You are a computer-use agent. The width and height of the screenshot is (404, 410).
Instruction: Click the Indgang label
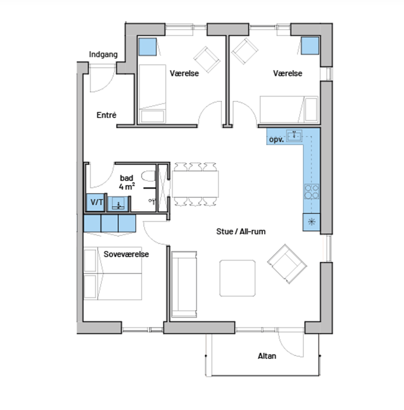point(103,54)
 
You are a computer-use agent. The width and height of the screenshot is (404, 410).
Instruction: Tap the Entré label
point(107,115)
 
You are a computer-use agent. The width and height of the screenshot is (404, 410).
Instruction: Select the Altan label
point(267,356)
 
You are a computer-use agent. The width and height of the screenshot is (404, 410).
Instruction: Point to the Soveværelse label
point(126,254)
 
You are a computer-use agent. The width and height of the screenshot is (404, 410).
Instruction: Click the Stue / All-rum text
point(241,231)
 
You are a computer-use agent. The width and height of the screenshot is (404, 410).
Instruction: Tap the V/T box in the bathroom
point(96,202)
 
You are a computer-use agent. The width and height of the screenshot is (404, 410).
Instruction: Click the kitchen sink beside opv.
point(295,135)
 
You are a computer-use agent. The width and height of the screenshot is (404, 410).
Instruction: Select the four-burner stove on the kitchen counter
point(311,192)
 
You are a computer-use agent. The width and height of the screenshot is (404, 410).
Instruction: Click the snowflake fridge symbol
point(311,222)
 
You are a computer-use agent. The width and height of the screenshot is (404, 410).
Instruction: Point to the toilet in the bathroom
point(149,176)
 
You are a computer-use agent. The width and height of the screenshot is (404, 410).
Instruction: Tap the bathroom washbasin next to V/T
point(118,204)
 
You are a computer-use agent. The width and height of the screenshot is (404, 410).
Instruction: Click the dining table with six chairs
point(195,184)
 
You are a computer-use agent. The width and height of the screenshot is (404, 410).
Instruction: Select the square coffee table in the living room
point(237,278)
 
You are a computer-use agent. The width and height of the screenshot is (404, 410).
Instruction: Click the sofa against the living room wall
point(184,284)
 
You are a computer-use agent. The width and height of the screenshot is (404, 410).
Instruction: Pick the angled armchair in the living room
point(287,264)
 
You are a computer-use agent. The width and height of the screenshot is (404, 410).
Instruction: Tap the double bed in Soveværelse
point(112,274)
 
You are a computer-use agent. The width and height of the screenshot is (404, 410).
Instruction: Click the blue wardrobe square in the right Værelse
point(310,46)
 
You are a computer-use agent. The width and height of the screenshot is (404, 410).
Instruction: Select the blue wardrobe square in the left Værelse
point(148,47)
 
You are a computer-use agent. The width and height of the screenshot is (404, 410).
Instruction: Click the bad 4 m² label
point(126,182)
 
